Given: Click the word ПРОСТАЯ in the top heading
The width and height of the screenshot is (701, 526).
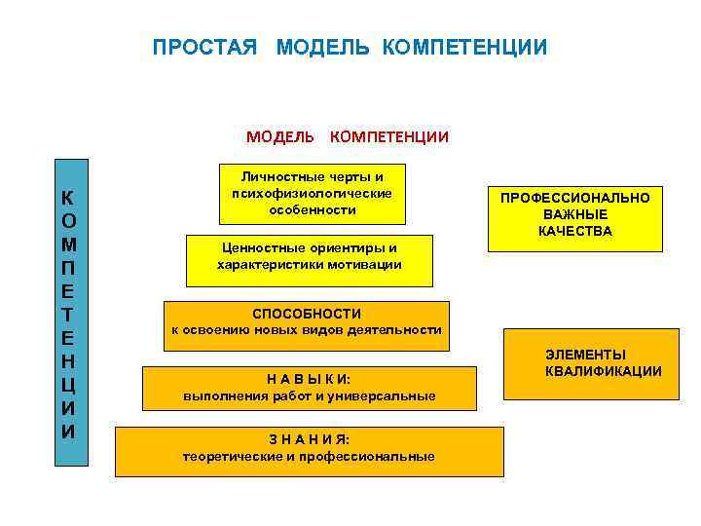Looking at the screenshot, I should (204, 48).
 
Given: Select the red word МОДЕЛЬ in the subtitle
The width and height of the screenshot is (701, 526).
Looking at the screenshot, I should (280, 136).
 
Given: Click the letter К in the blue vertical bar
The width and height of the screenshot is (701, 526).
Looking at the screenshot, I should (69, 196).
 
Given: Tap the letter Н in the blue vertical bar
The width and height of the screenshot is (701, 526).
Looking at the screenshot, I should (69, 361).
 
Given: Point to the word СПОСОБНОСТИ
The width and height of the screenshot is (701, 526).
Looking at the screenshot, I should (307, 314).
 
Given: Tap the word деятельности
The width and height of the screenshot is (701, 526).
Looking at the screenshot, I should (399, 330).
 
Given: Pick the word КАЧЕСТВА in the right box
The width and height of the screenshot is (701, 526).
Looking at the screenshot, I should (575, 231).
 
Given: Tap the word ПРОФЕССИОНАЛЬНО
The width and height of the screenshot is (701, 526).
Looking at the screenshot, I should (575, 198).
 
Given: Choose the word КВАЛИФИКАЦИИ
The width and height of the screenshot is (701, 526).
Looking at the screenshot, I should (604, 371).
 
